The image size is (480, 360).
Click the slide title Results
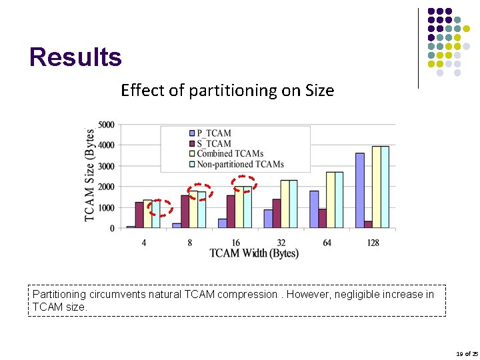pyautogui.click(x=75, y=57)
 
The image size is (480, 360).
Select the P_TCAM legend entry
pyautogui.click(x=213, y=133)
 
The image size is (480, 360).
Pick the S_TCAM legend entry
pyautogui.click(x=213, y=143)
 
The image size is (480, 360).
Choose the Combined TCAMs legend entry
pyautogui.click(x=229, y=153)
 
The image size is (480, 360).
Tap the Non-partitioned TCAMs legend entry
pyautogui.click(x=239, y=164)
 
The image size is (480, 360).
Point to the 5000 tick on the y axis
pyautogui.click(x=105, y=125)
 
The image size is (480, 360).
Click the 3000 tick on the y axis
pyautogui.click(x=105, y=166)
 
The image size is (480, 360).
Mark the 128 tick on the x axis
pyautogui.click(x=373, y=243)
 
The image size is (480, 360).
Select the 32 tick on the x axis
pyautogui.click(x=281, y=243)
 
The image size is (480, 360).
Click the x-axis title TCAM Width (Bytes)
pyautogui.click(x=254, y=253)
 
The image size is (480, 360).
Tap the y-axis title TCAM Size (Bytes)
pyautogui.click(x=89, y=175)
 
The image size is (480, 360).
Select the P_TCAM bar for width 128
pyautogui.click(x=360, y=191)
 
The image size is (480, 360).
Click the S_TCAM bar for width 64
pyautogui.click(x=323, y=219)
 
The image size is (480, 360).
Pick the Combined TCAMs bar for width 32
pyautogui.click(x=285, y=204)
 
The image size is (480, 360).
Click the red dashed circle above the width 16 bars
pyautogui.click(x=244, y=184)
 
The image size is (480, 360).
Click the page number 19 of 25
pyautogui.click(x=467, y=354)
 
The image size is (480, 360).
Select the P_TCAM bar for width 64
pyautogui.click(x=314, y=209)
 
